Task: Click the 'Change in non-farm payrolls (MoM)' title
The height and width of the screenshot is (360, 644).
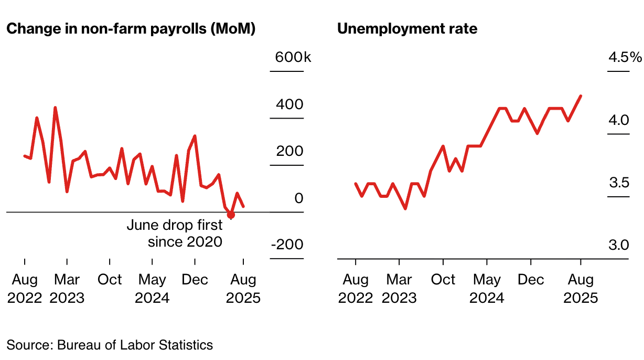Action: [131, 28]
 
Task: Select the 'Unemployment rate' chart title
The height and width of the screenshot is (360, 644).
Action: [407, 28]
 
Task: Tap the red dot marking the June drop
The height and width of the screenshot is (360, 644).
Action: [231, 215]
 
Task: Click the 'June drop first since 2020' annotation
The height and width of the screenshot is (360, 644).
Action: [175, 234]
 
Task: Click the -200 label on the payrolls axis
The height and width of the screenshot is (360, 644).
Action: [287, 245]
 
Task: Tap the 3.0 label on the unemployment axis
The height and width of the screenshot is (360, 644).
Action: [618, 245]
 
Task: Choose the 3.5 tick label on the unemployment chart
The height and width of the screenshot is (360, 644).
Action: [618, 183]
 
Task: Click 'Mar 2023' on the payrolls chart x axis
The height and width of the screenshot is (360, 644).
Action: [67, 289]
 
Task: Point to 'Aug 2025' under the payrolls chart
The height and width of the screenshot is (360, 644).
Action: [243, 289]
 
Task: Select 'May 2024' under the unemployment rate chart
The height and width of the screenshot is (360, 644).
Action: [487, 289]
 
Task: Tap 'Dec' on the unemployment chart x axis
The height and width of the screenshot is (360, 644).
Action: [531, 280]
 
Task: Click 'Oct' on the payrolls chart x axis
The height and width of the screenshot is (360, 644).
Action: [110, 280]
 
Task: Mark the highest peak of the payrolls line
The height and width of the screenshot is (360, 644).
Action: [55, 108]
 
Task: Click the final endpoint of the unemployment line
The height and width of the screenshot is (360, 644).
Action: [581, 96]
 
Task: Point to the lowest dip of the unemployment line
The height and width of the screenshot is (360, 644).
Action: [405, 208]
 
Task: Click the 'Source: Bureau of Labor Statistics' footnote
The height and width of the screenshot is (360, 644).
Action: [110, 345]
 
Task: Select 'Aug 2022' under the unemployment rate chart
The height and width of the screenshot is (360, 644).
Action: [356, 289]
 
